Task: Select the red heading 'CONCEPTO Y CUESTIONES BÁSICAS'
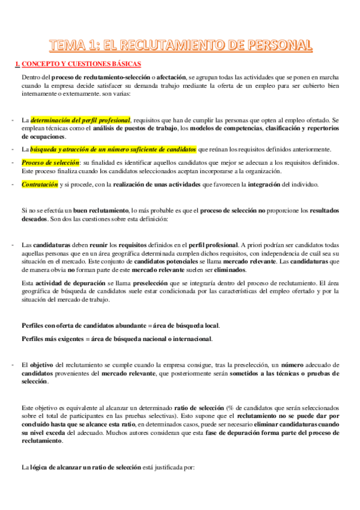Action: [x=82, y=63]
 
